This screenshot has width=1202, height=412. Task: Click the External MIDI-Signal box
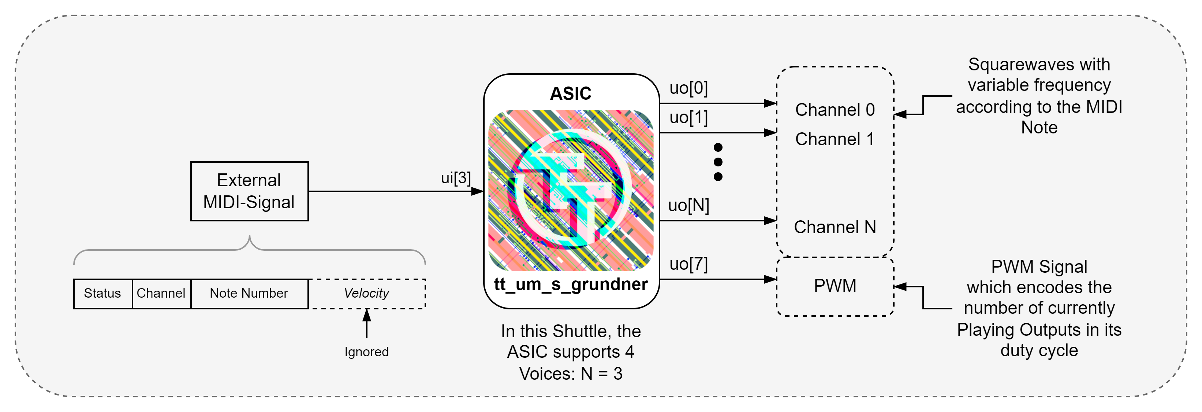[249, 191]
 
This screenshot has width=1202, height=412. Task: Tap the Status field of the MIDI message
[102, 293]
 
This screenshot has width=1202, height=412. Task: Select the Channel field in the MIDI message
[161, 293]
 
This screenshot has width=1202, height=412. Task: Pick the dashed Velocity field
[367, 293]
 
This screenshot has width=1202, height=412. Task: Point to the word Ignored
[366, 352]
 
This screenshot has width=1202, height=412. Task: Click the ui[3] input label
[456, 178]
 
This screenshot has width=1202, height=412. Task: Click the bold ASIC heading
[570, 93]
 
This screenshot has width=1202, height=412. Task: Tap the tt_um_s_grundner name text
[571, 284]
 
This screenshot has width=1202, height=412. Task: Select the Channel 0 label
[835, 110]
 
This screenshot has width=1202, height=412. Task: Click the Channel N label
[835, 227]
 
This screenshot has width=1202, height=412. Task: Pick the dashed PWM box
[835, 286]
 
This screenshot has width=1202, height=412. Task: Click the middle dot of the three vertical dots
[718, 162]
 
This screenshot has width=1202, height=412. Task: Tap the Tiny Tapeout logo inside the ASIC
[571, 190]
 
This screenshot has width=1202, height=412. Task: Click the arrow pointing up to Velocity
[367, 323]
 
